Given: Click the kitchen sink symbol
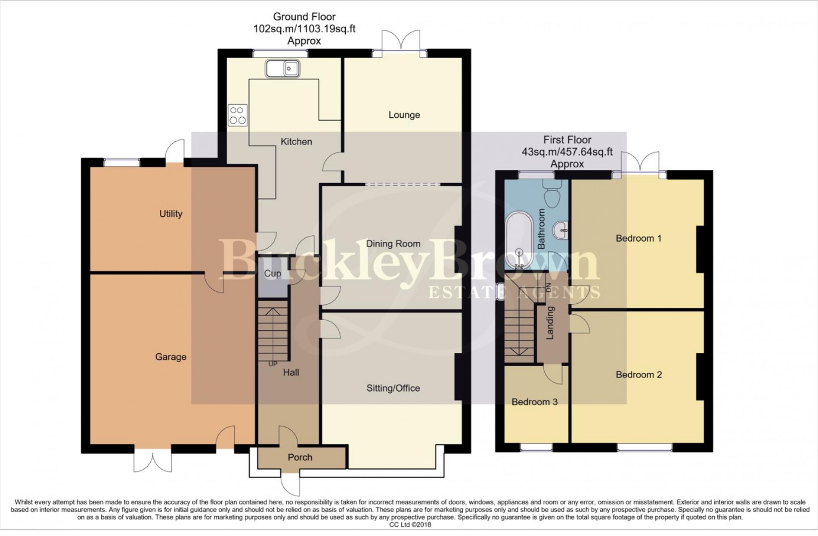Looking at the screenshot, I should click(282, 69).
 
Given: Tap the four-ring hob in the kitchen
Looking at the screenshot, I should click(238, 115).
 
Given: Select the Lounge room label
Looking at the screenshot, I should click(404, 115).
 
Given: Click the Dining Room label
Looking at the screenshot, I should click(393, 244).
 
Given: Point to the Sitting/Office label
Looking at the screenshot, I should click(393, 388).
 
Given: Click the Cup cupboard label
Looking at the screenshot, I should click(272, 274).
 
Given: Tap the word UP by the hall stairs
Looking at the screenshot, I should click(273, 364).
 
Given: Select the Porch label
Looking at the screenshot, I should click(300, 458).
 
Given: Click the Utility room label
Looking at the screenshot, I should click(170, 214).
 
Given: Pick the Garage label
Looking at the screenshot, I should click(170, 357).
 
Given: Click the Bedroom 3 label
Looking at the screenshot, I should click(534, 402).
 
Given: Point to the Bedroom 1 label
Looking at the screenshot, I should click(638, 238).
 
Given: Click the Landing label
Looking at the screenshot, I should click(550, 323).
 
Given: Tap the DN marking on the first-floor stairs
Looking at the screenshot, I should click(548, 287).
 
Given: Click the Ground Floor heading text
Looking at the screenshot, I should click(304, 17).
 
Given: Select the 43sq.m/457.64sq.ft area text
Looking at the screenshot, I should click(567, 152).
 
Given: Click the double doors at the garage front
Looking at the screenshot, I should click(153, 462).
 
